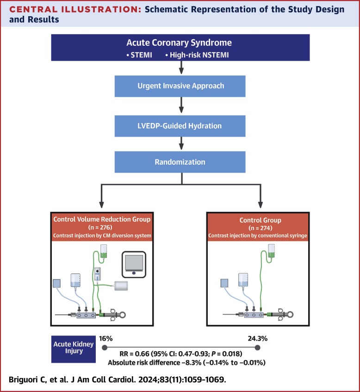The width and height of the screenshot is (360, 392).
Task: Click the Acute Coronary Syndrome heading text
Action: (179, 43)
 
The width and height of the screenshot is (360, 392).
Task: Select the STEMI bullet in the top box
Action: (139, 55)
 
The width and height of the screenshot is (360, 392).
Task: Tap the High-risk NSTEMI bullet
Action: (197, 55)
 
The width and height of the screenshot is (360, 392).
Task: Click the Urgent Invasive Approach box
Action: (180, 86)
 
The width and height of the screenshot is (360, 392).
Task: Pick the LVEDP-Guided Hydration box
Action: (180, 126)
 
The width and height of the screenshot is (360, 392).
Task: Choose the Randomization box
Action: (180, 162)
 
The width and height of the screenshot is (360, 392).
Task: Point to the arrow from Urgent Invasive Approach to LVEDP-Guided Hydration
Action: (181, 105)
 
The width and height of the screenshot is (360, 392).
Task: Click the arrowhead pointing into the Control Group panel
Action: (260, 205)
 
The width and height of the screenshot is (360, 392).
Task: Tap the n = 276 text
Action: (100, 228)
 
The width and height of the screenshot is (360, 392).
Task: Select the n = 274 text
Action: (260, 228)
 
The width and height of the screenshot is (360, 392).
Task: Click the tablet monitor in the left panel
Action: (134, 265)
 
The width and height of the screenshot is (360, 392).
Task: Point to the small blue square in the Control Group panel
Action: (224, 283)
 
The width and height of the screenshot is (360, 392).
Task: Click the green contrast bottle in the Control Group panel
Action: (272, 251)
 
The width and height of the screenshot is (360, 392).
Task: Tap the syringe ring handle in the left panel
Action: (122, 315)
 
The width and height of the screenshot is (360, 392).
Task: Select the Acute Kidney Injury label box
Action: (74, 349)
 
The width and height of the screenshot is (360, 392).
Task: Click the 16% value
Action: (106, 338)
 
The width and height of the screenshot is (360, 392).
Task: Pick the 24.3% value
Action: (257, 338)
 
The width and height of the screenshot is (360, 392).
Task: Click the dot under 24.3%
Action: (257, 348)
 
